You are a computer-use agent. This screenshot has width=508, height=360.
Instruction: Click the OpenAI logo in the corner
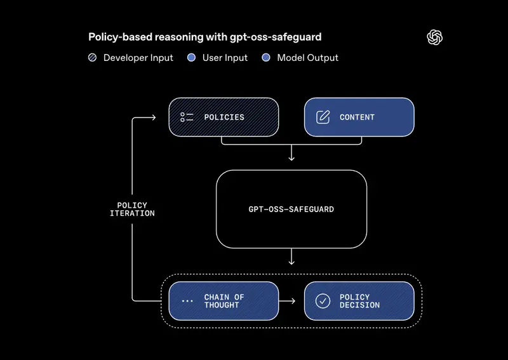tap(434, 37)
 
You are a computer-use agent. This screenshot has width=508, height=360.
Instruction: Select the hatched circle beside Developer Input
tap(93, 58)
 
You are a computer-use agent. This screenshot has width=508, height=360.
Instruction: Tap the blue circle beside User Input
tap(192, 58)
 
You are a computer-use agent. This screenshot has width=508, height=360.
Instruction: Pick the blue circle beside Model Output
tap(265, 58)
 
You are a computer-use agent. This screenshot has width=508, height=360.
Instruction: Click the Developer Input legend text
tap(138, 58)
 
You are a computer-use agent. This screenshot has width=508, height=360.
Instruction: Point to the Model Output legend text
tap(308, 58)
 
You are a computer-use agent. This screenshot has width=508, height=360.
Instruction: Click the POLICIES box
tap(224, 117)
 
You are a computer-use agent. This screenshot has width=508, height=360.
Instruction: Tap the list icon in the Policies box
tap(187, 117)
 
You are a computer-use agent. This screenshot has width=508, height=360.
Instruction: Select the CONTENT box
tap(359, 117)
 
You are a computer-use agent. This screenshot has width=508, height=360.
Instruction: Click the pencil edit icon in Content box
tap(323, 117)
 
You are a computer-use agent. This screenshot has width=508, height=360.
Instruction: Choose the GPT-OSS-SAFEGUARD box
tap(291, 208)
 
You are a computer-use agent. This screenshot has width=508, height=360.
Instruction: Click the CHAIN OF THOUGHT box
tap(224, 301)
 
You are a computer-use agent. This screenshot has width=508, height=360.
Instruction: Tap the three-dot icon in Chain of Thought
tap(187, 301)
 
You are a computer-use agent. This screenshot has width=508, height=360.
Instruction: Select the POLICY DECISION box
tap(359, 301)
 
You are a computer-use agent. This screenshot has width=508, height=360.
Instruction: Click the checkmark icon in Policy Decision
tap(323, 301)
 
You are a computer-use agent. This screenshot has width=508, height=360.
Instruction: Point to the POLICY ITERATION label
tap(132, 209)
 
